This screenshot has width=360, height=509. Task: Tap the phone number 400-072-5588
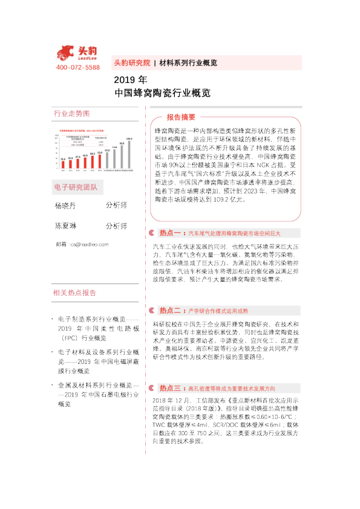[77, 67]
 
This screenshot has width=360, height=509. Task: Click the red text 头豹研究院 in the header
[132, 62]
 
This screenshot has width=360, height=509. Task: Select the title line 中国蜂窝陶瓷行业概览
[162, 93]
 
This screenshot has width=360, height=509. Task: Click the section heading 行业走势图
[71, 114]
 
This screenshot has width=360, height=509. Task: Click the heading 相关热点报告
[75, 293]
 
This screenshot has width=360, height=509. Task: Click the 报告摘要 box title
[181, 117]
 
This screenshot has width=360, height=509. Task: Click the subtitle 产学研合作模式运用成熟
[218, 311]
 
